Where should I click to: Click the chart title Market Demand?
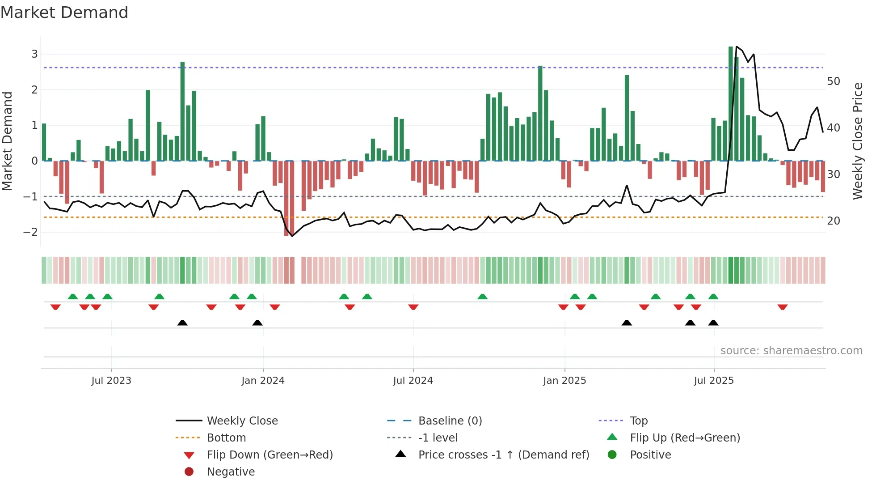pos(64,13)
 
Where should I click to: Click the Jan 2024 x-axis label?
pos(263,381)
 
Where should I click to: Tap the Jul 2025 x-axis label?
pos(714,381)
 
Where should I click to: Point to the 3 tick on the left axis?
pos(34,54)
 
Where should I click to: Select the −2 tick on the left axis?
pos(31,232)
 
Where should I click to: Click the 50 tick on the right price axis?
pos(833,81)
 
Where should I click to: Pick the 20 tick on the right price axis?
pos(833,221)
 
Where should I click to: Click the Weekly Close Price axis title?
pos(857,141)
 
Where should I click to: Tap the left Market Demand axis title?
pos(7,141)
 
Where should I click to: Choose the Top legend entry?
pos(638,421)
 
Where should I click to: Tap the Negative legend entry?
pos(231,472)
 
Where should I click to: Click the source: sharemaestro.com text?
pos(791,351)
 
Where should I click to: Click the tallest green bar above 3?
pos(731,103)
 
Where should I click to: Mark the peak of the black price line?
pos(737,47)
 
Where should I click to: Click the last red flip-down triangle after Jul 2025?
pos(782,307)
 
